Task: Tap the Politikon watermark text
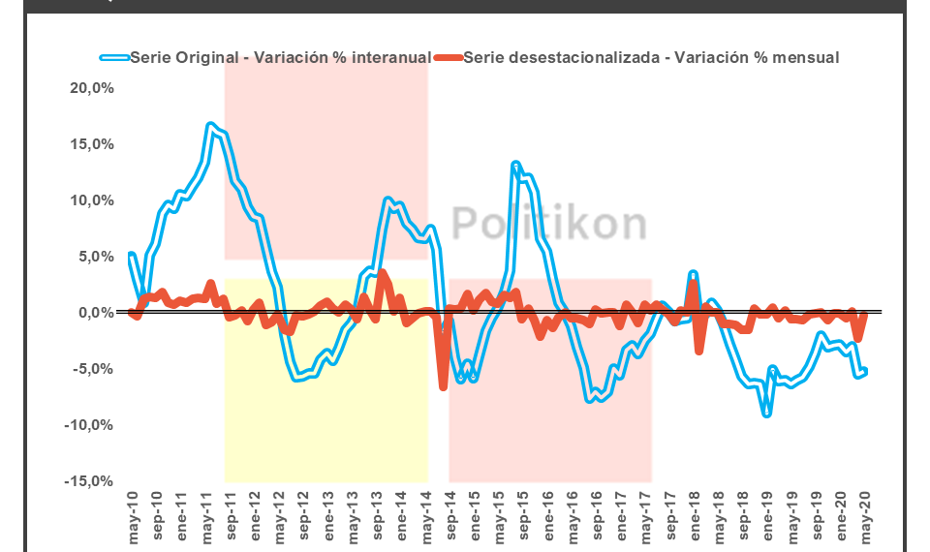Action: pyautogui.click(x=549, y=224)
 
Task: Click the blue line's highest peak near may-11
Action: pyautogui.click(x=210, y=125)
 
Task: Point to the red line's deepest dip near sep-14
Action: pyautogui.click(x=443, y=387)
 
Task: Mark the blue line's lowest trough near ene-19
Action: pyautogui.click(x=766, y=414)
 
